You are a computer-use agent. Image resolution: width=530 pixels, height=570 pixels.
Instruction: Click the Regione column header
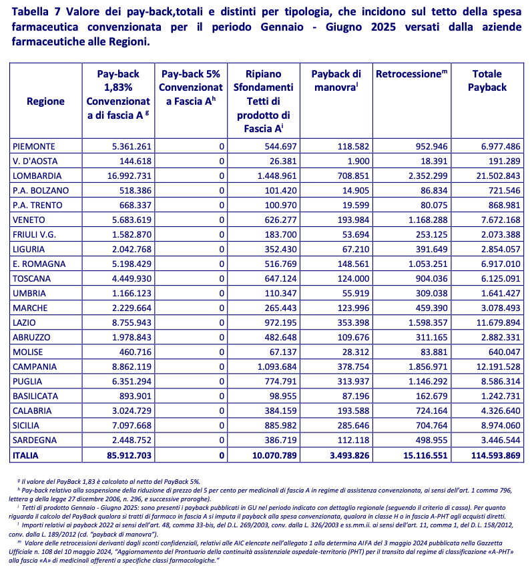(45, 101)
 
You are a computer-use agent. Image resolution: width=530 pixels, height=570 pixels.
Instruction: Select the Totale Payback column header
(487, 81)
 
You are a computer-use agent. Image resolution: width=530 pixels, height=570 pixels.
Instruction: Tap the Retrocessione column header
(411, 74)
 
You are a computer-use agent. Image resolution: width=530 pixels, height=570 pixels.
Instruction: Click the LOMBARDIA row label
(37, 176)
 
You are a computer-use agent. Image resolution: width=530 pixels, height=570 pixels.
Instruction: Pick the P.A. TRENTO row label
(37, 206)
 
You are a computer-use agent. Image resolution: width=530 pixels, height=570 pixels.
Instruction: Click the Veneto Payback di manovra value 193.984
(346, 220)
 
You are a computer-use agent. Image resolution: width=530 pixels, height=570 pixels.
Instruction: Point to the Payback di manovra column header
(336, 81)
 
